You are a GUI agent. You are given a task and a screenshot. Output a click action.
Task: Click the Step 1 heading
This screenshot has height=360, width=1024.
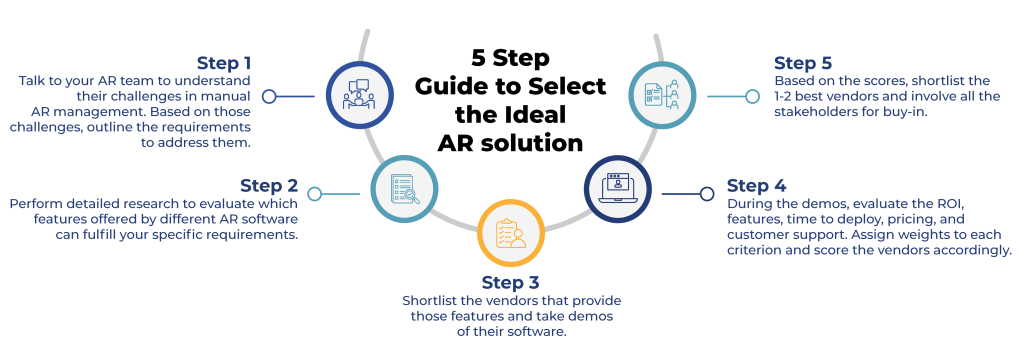click(223, 63)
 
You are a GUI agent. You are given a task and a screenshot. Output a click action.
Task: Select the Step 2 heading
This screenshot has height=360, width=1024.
click(269, 185)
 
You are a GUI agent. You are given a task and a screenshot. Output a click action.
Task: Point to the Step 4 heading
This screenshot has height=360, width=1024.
click(756, 185)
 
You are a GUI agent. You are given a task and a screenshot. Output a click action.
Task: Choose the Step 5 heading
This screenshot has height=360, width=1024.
click(803, 63)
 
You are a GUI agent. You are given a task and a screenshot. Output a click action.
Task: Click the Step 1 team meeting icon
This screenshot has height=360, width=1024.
click(358, 97)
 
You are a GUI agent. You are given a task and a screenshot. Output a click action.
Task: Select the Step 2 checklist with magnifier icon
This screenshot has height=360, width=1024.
click(403, 188)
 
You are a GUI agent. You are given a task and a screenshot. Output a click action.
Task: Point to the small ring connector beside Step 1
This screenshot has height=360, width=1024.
click(268, 97)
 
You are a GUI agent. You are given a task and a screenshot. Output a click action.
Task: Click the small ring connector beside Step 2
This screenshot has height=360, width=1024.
click(315, 193)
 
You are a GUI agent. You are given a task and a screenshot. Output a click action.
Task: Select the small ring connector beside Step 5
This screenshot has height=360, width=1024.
click(752, 96)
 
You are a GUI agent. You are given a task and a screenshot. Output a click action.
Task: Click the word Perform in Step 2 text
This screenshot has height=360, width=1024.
click(34, 204)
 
